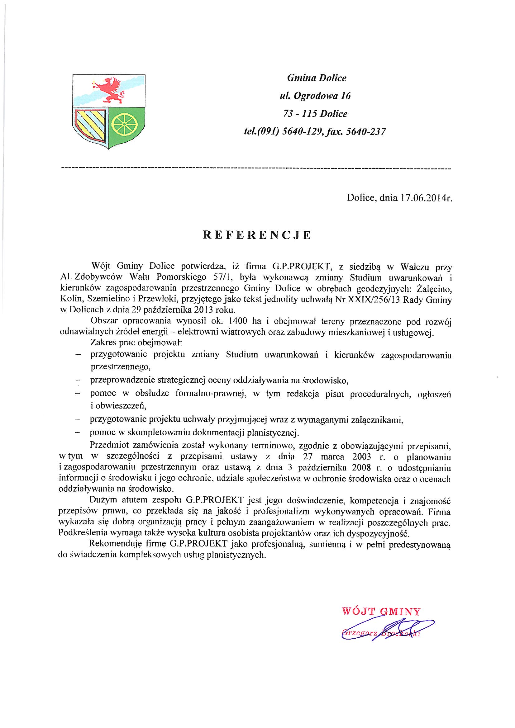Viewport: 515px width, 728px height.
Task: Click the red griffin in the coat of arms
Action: pyautogui.click(x=109, y=90)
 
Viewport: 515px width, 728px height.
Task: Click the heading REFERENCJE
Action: pyautogui.click(x=257, y=235)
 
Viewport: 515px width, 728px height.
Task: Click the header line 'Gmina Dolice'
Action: pyautogui.click(x=316, y=78)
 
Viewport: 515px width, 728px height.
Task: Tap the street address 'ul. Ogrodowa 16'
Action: pyautogui.click(x=315, y=96)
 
